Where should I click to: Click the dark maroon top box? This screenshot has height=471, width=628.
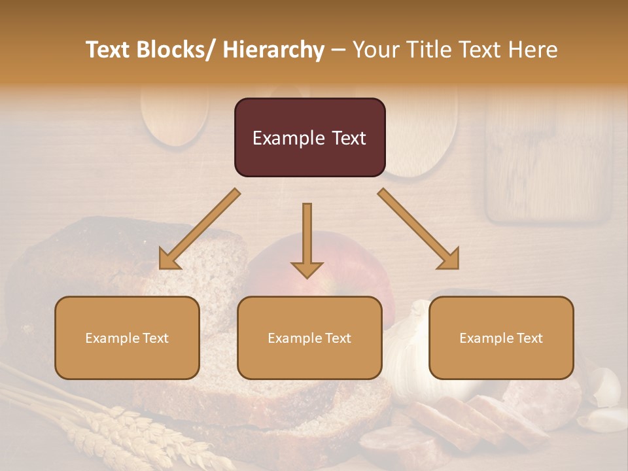[x=309, y=137]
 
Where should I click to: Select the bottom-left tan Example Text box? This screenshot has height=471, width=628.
[x=127, y=338]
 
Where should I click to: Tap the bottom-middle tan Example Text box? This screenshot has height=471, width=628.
[x=309, y=338]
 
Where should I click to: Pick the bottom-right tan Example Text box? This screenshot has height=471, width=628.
[x=501, y=338]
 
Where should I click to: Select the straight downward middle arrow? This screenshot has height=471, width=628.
[x=307, y=242]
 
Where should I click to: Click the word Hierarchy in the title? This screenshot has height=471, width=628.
[x=273, y=50]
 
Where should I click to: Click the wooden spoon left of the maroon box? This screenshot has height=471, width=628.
[x=174, y=114]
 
